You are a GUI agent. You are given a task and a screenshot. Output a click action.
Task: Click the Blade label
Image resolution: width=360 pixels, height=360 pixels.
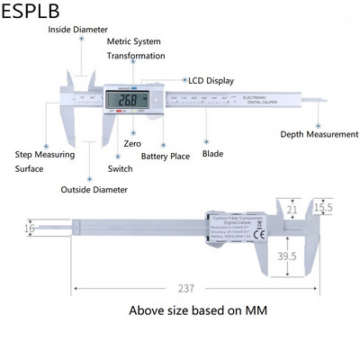click(x=212, y=154)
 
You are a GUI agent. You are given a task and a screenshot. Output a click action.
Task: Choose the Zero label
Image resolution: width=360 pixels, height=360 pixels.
click(x=131, y=143)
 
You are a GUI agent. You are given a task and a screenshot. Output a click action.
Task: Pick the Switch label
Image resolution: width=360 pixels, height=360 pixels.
click(x=120, y=168)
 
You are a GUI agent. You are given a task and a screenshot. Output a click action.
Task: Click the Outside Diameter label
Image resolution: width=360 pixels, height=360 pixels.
click(x=94, y=190)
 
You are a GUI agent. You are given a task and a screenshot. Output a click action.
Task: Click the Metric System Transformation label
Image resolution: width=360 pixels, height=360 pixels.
click(x=136, y=49)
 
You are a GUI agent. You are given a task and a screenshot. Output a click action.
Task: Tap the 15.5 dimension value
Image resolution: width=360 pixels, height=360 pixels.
click(x=323, y=208)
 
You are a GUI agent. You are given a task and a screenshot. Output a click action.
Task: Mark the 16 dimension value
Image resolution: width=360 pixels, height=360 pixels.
click(x=29, y=229)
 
